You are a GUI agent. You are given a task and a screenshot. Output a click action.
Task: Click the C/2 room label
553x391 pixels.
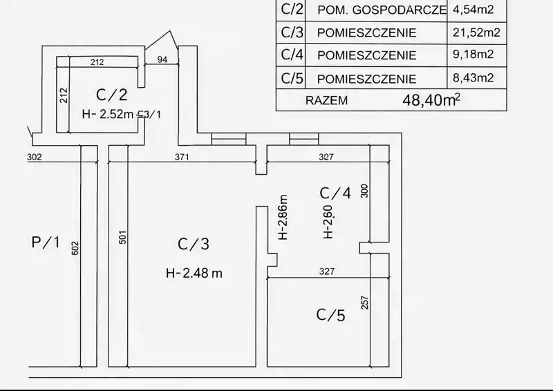[x=111, y=95]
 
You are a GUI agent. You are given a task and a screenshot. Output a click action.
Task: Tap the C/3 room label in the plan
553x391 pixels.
[x=194, y=244]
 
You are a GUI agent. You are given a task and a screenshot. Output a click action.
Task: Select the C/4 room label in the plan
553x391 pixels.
[x=335, y=193]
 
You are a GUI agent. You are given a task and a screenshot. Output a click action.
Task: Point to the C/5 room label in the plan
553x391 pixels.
[x=331, y=315]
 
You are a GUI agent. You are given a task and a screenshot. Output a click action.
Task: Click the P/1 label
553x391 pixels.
[x=46, y=242]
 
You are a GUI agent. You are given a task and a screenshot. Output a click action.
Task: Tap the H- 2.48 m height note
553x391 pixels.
[x=194, y=273]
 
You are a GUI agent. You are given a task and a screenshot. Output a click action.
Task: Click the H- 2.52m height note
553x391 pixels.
[x=108, y=114]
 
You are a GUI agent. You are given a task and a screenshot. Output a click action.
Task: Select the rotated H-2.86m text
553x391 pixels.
[x=283, y=217]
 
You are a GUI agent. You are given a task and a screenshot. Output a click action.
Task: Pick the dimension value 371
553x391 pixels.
[x=182, y=157]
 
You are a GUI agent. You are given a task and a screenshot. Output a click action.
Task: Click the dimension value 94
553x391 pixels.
[x=162, y=59]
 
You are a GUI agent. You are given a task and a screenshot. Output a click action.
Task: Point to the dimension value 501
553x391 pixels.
[x=122, y=238]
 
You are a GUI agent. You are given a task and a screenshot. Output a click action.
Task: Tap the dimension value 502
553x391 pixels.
[x=75, y=248]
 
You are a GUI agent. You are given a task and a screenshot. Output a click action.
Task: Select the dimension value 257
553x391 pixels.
[x=365, y=303]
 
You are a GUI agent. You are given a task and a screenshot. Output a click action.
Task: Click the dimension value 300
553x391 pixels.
[x=364, y=191]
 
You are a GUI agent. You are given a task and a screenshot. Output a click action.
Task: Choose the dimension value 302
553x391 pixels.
[x=34, y=157]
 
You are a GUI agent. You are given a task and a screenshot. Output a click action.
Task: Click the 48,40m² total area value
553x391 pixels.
[x=431, y=100]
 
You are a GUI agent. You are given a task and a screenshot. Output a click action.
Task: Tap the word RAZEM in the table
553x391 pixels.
[x=326, y=100]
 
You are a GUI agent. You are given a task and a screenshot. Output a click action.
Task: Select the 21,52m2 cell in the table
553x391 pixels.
[x=476, y=32]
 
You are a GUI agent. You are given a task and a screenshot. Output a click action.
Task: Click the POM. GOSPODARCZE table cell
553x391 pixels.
[x=382, y=10]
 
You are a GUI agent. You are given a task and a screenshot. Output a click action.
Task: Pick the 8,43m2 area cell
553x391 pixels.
[x=474, y=77]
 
